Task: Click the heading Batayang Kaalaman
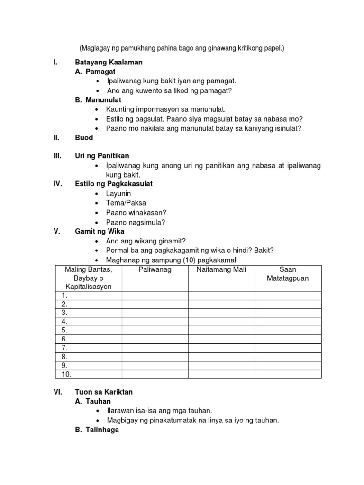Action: click(109, 63)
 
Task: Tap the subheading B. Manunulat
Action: click(98, 100)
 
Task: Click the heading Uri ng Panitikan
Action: click(102, 156)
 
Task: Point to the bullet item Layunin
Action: click(118, 194)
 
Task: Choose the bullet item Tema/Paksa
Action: click(126, 203)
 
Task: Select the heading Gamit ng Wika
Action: click(100, 232)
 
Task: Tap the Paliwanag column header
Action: click(155, 269)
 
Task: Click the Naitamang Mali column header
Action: click(221, 269)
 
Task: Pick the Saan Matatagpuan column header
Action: click(288, 274)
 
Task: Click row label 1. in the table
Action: click(64, 296)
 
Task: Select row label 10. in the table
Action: click(66, 374)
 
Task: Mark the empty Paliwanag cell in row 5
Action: click(155, 330)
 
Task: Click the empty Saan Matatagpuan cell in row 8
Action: click(288, 357)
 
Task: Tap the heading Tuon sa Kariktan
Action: click(104, 392)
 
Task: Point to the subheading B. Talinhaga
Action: click(97, 430)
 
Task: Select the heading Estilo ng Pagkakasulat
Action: click(114, 184)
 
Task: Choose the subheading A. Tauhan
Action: click(93, 402)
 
